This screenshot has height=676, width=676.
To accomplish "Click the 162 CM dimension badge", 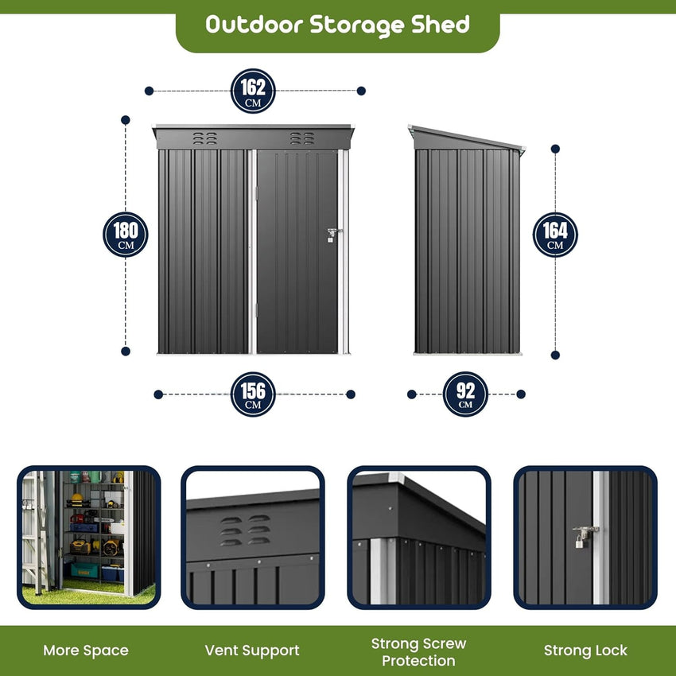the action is (x=253, y=91).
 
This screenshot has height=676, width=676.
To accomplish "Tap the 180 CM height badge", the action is (x=126, y=235).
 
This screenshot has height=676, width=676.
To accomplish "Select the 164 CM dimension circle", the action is (x=555, y=235).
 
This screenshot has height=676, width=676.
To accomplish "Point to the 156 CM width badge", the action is (x=253, y=394).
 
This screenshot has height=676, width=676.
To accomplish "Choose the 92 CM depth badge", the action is (x=465, y=394).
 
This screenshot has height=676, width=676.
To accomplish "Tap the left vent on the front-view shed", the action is (x=204, y=138).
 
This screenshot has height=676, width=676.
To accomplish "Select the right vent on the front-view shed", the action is (x=302, y=138).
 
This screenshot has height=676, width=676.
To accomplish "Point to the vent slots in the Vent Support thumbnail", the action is (x=245, y=530).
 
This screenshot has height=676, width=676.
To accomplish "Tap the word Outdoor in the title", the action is (x=254, y=25).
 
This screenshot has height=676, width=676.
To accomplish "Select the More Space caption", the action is (x=86, y=650).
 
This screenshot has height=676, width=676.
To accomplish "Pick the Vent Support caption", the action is (x=252, y=651).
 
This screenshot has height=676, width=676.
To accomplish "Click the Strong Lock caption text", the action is (x=585, y=651).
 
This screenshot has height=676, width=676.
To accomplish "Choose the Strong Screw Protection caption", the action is (x=418, y=652).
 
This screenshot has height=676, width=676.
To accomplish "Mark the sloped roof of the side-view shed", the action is (x=467, y=138).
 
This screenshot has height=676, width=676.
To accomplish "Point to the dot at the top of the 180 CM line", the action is (x=126, y=120).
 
